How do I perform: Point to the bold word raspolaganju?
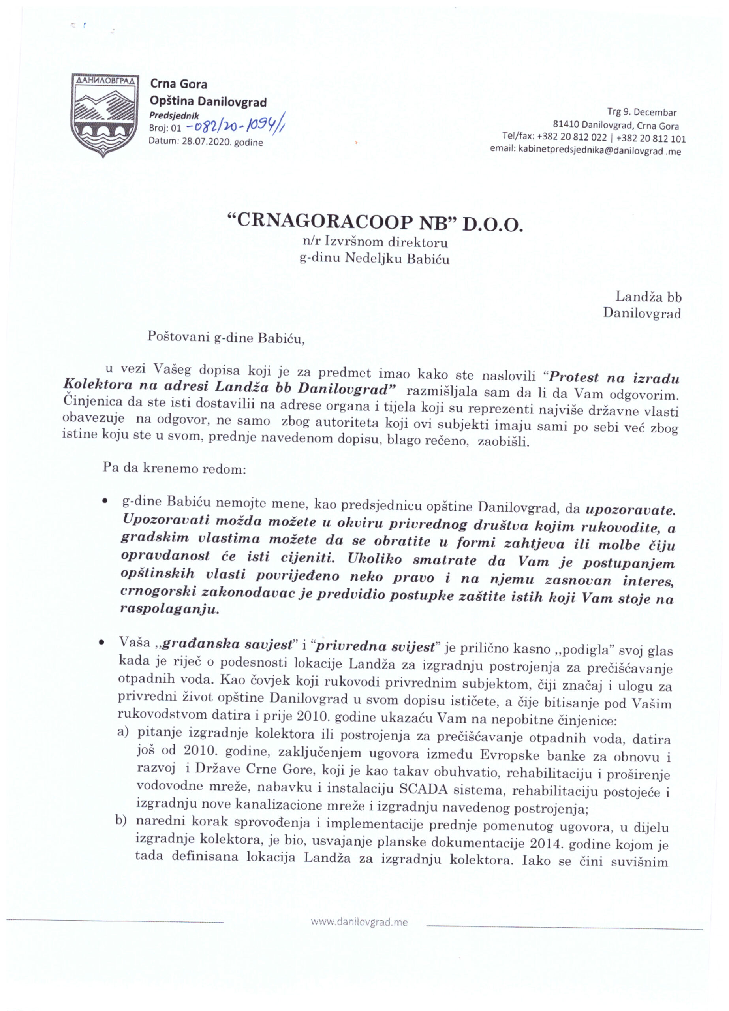pyautogui.click(x=170, y=610)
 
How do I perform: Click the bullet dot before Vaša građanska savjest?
pyautogui.click(x=102, y=643)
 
